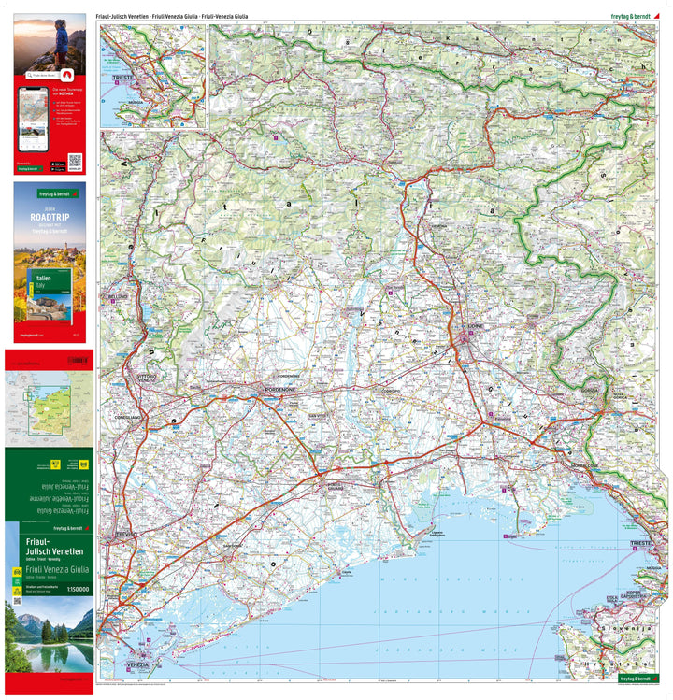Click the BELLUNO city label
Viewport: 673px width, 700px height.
coord(117,296)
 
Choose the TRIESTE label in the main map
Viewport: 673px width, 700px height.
coord(640,543)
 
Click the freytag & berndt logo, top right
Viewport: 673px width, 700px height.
coord(630,16)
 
